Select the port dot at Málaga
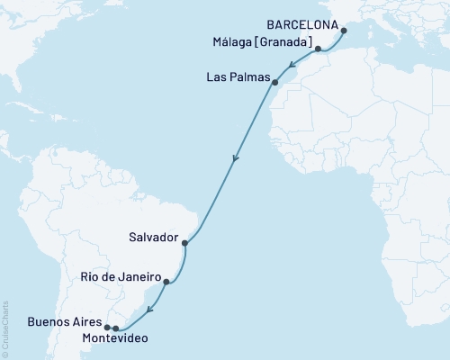tap(319, 48)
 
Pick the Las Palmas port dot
tap(275, 83)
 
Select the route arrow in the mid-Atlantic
tap(236, 158)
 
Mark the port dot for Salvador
tap(184, 243)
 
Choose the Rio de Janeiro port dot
tap(166, 282)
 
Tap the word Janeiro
tap(139, 277)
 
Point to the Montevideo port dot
tap(115, 328)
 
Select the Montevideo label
tap(110, 339)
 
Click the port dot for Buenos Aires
tap(107, 327)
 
